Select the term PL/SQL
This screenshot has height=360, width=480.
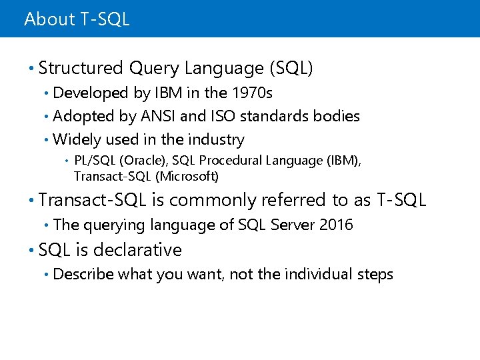click(93, 161)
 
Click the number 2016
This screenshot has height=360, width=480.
click(336, 225)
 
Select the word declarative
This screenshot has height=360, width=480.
click(137, 250)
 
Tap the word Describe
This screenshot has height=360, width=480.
click(83, 274)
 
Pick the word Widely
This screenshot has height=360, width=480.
click(73, 139)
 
